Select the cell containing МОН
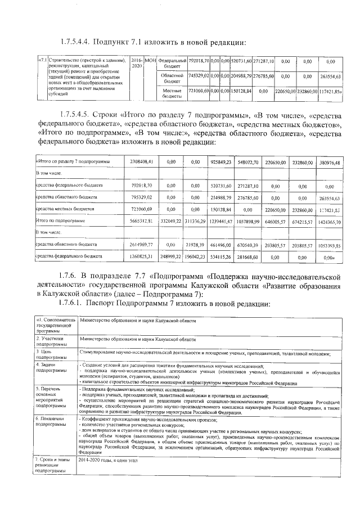pyautogui.click(x=150, y=60)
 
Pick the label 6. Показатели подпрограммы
pyautogui.click(x=50, y=422)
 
